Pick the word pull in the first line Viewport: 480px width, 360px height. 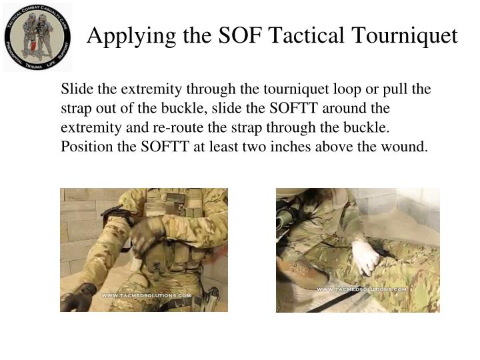coord(401,89)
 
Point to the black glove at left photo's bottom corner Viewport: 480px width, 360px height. coord(80,297)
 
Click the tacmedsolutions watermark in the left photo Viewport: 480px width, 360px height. coord(146,295)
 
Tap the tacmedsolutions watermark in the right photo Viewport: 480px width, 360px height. coord(361,289)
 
